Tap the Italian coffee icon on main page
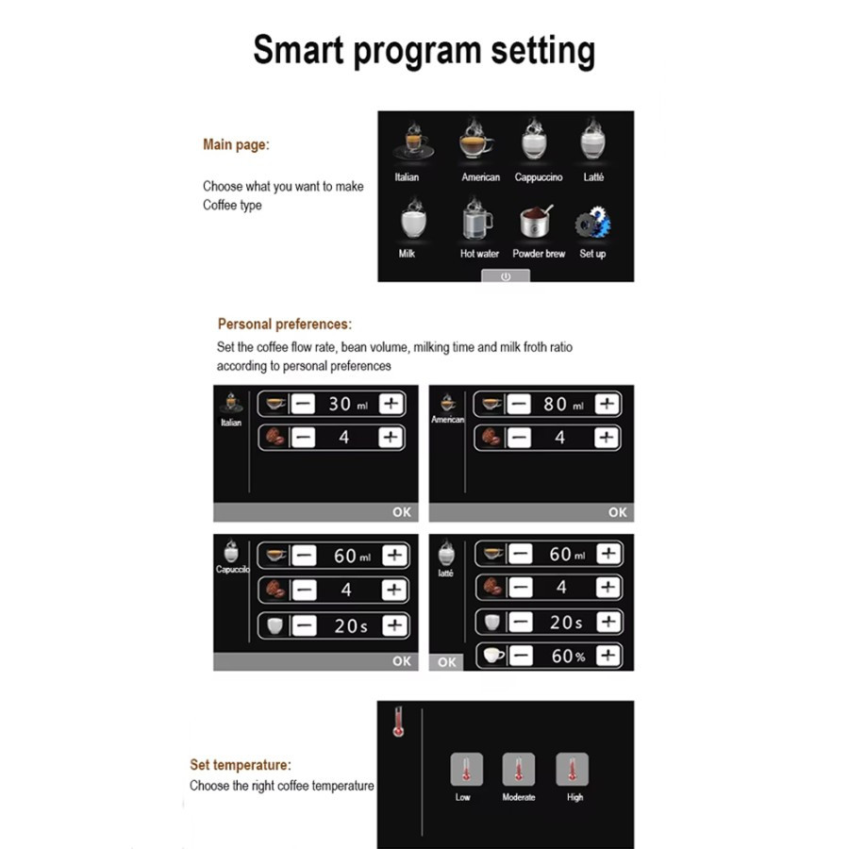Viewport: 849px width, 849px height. (x=414, y=141)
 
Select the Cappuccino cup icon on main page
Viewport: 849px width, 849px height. (x=535, y=139)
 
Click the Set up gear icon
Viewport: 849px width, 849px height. (x=593, y=222)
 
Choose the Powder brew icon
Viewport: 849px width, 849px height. (x=536, y=221)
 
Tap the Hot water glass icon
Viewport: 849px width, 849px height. (x=477, y=219)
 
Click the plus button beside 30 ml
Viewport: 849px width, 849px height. (x=391, y=404)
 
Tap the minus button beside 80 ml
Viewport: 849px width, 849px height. (x=519, y=404)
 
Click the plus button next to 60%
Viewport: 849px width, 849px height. (x=608, y=656)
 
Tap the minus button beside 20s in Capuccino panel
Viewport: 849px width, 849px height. (x=305, y=626)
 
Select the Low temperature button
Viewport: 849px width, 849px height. (x=466, y=769)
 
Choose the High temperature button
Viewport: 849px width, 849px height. (x=572, y=769)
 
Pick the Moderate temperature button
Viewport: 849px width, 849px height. (x=518, y=769)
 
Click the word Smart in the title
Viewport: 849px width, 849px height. (x=298, y=50)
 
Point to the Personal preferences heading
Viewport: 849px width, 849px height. (x=285, y=324)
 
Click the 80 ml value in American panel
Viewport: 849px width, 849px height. (x=564, y=404)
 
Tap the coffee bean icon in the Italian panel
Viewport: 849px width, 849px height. (x=275, y=437)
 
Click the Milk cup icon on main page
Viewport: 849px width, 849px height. (x=413, y=219)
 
